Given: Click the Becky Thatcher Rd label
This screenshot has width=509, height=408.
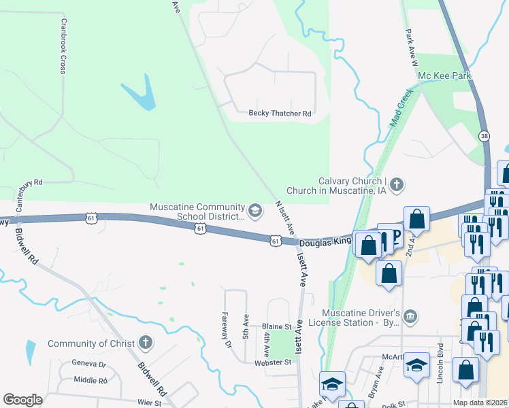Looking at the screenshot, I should (x=280, y=114).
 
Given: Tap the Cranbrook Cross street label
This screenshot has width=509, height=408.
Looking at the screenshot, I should (x=62, y=46).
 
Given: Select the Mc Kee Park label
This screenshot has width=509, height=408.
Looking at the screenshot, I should (x=444, y=75).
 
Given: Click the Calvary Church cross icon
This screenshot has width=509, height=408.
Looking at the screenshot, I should (x=397, y=184).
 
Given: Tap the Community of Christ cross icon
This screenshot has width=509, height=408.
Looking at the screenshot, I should (x=146, y=343).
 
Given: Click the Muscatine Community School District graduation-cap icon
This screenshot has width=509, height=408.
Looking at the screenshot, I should (x=255, y=211).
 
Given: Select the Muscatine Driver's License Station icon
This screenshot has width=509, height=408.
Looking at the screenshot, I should (x=410, y=316).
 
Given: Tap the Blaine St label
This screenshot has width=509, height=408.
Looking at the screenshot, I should (x=277, y=327).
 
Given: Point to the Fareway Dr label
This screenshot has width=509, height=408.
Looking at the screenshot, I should (x=227, y=329).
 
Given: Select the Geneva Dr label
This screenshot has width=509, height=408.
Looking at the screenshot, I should (x=89, y=364).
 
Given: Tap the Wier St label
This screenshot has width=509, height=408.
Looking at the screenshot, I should (x=150, y=403).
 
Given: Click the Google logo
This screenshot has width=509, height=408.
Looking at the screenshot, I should (x=22, y=400).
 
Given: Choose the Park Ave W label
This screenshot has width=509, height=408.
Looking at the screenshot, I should (x=410, y=47).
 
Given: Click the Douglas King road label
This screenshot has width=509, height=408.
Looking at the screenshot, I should (x=325, y=241).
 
